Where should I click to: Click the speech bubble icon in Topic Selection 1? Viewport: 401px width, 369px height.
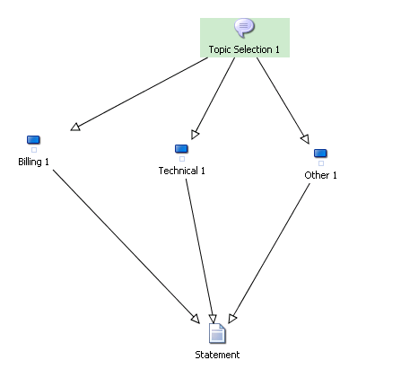point(244,28)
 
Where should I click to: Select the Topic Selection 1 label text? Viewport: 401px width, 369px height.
point(244,49)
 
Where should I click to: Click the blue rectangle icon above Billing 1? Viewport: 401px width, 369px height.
point(33,140)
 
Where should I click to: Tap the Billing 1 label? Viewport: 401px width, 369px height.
point(33,162)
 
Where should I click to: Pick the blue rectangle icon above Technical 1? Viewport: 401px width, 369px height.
point(181,149)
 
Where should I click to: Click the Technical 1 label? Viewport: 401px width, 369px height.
point(181,171)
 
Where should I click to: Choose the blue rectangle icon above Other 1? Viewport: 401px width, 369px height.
point(320,154)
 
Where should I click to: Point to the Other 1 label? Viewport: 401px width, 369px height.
point(320,175)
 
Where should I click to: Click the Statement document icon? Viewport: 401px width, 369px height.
point(217,333)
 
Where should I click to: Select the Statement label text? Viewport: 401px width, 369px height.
point(217,355)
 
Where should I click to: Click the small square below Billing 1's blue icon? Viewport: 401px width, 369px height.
point(34,150)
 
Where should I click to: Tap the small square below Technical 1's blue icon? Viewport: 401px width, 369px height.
point(182,159)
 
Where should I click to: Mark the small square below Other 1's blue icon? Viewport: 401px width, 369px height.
point(321,163)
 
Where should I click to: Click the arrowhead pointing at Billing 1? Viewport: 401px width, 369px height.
point(75,127)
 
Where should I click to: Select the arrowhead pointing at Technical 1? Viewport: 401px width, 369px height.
point(195,135)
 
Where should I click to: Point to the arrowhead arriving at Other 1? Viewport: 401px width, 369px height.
point(305,139)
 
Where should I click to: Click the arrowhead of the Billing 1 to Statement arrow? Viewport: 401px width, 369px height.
point(196,319)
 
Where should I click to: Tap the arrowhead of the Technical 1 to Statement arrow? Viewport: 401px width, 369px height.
point(213,319)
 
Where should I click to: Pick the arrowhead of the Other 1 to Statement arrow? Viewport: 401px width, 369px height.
point(232,319)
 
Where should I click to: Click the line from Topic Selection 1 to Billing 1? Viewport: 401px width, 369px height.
point(139,94)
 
